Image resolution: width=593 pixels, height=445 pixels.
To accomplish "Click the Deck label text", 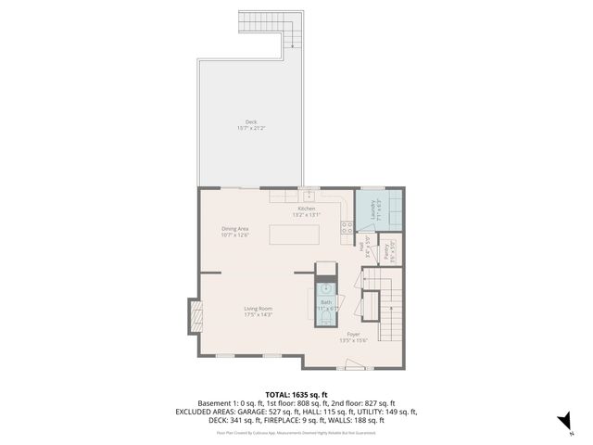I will (250, 121).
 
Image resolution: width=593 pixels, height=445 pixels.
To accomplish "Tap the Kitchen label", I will (306, 209).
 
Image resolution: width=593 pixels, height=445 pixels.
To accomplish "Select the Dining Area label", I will (234, 228).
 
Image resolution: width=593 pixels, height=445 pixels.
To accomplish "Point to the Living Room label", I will (258, 308).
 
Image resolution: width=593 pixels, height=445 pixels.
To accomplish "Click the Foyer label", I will (353, 333).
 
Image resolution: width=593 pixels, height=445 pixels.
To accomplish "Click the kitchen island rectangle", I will (295, 235).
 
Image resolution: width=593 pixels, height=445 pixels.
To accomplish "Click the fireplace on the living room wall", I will (194, 317).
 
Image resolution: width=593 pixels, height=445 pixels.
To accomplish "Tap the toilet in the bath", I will (326, 318).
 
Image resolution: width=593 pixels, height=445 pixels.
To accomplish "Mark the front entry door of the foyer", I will (352, 368).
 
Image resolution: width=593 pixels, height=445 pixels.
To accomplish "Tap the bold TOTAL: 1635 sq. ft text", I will (296, 394).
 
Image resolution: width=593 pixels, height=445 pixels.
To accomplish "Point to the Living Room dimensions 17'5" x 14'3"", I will (258, 315).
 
